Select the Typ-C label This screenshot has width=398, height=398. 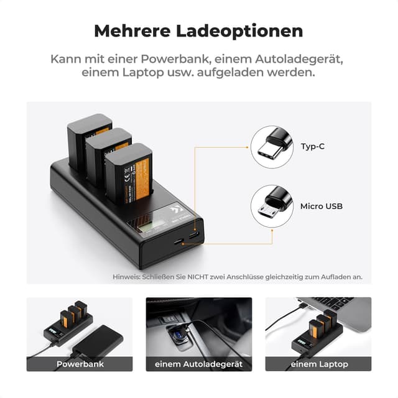312,146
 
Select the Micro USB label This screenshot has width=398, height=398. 321,206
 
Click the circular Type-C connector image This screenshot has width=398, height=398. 272,146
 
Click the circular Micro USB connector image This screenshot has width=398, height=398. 272,206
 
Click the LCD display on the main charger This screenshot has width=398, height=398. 148,228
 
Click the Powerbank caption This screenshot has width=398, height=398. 79,364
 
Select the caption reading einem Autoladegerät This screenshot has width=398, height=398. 199,364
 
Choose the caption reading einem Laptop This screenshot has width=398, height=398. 318,364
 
